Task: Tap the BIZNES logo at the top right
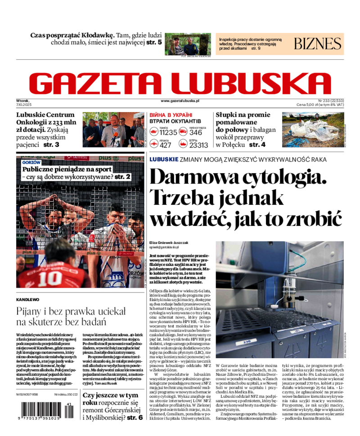tap(318, 44)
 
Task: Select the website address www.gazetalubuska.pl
tap(180, 101)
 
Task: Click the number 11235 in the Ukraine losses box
tap(169, 132)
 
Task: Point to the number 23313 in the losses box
tap(198, 145)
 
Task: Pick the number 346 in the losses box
tap(196, 132)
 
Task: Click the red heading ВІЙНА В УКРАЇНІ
tap(171, 115)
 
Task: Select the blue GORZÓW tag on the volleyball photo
tap(31, 162)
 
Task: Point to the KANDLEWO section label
tap(27, 299)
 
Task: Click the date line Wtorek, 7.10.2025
tap(23, 103)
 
